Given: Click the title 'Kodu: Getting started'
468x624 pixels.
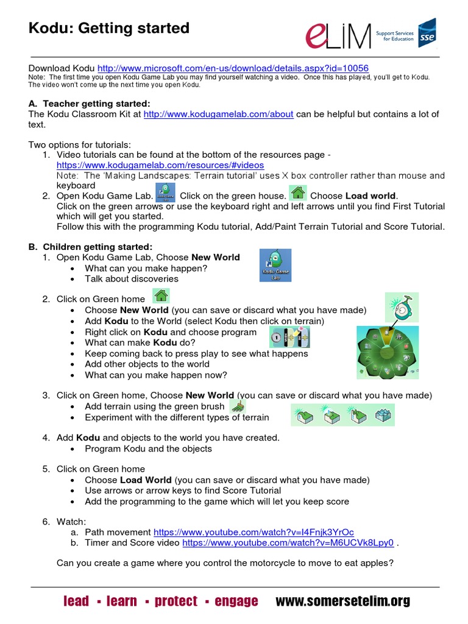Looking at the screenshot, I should pos(109,28).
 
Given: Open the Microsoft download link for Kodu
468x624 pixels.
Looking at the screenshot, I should pos(233,68).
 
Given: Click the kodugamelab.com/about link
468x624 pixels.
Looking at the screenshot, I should pos(218,114).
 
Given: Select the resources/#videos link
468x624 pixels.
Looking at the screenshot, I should pos(160,165).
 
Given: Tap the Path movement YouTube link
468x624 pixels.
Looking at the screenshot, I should pos(253,531).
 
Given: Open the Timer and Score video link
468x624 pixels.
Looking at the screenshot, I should pos(288,542).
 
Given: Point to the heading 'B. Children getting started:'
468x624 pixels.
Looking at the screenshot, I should pos(90,246).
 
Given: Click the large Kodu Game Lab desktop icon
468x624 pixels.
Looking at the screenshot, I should pos(275,265).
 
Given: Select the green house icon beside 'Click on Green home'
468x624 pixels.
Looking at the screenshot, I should pos(161,297).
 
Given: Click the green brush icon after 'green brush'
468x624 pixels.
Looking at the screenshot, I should pos(237,405).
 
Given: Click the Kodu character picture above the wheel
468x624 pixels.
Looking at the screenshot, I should pos(402,307).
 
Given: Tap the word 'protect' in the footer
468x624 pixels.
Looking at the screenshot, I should pos(176,601).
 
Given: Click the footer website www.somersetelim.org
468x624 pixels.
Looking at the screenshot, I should pos(343,601).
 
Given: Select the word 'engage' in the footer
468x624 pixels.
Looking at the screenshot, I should pos(236,601).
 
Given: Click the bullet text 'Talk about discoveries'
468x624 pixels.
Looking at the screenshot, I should pos(132,278).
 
